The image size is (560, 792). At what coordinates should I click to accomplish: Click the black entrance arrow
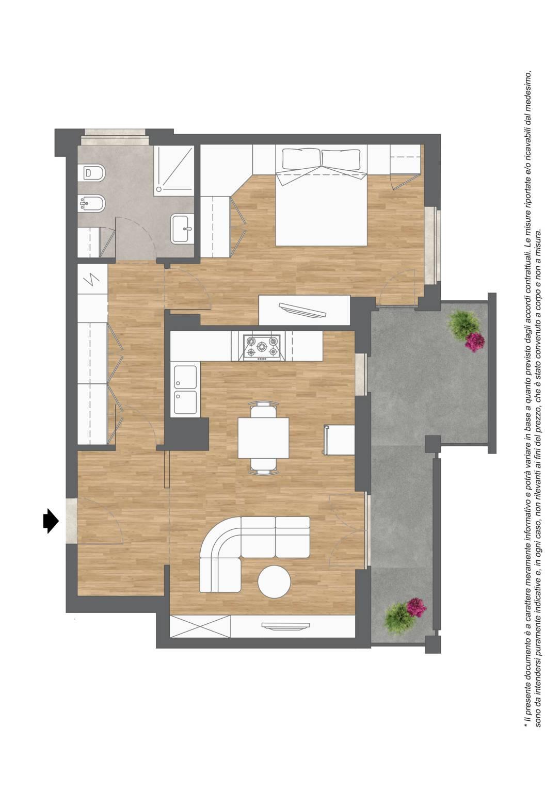click(51, 521)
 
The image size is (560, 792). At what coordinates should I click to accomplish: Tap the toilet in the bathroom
click(91, 172)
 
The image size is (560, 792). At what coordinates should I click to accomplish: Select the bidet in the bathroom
click(91, 203)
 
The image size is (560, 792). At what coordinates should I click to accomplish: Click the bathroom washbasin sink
click(183, 229)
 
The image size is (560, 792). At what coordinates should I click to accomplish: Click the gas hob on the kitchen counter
click(262, 348)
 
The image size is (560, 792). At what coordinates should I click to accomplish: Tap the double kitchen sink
click(186, 390)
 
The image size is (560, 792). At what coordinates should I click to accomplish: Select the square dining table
click(263, 438)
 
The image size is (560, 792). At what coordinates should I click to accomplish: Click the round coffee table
click(274, 581)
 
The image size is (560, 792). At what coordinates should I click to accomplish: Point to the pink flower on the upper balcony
click(475, 342)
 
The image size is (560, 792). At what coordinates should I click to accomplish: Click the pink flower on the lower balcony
click(417, 607)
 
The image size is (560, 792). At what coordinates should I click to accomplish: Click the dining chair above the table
click(263, 409)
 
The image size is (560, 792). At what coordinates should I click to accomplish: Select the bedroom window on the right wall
click(433, 246)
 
